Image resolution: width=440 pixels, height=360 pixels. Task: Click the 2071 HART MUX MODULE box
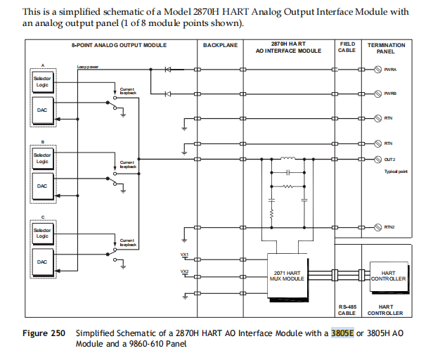click(x=287, y=276)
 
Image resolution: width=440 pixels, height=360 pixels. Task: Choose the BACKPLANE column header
click(x=220, y=45)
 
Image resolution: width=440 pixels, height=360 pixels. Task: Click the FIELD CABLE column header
click(x=347, y=47)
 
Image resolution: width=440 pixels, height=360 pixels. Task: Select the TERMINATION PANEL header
click(x=390, y=47)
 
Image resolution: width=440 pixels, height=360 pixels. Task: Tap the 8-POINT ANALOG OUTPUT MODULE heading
click(x=119, y=45)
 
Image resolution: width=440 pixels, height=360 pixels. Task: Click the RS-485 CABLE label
click(x=347, y=310)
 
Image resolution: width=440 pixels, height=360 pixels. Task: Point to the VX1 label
click(x=185, y=254)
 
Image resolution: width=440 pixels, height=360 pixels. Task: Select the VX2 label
click(x=185, y=271)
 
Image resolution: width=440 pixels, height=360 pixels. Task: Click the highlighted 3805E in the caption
click(x=342, y=333)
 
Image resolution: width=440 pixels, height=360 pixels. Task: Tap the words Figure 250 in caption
click(x=43, y=333)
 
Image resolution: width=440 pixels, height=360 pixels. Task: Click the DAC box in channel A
click(x=42, y=110)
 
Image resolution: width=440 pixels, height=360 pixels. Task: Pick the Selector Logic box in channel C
click(x=42, y=233)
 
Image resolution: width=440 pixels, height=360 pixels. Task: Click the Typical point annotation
click(x=396, y=172)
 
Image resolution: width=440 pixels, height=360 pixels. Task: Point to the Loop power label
click(x=87, y=67)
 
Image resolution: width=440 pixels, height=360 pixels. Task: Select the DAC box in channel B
click(x=42, y=186)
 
